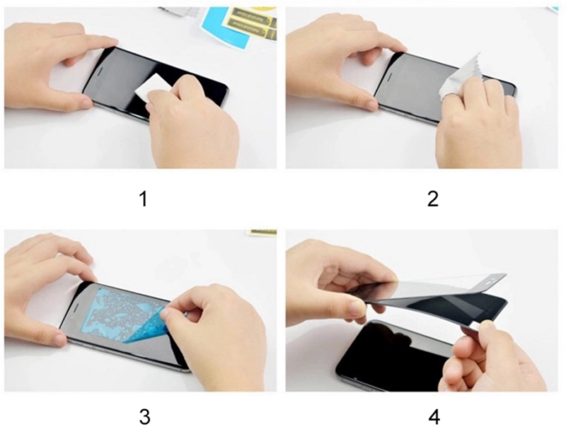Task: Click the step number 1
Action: pos(143,199)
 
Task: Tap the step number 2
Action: pos(433,199)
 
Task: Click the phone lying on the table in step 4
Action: pos(386,353)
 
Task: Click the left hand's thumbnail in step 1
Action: pos(84,103)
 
